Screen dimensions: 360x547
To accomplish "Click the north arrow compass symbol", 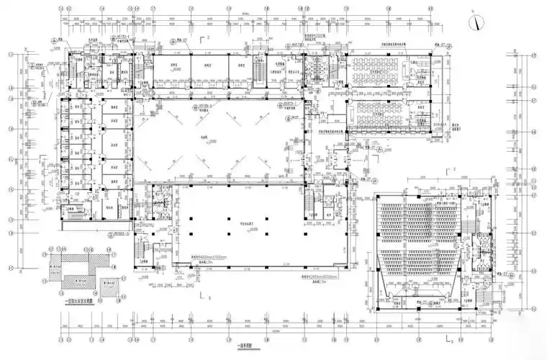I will pyautogui.click(x=476, y=21).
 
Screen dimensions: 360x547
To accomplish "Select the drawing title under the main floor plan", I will pyautogui.click(x=245, y=345).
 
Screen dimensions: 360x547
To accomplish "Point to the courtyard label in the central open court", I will pyautogui.click(x=209, y=138).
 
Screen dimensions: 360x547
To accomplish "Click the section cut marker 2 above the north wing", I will pyautogui.click(x=204, y=37).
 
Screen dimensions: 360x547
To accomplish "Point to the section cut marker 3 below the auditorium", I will pyautogui.click(x=448, y=335).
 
